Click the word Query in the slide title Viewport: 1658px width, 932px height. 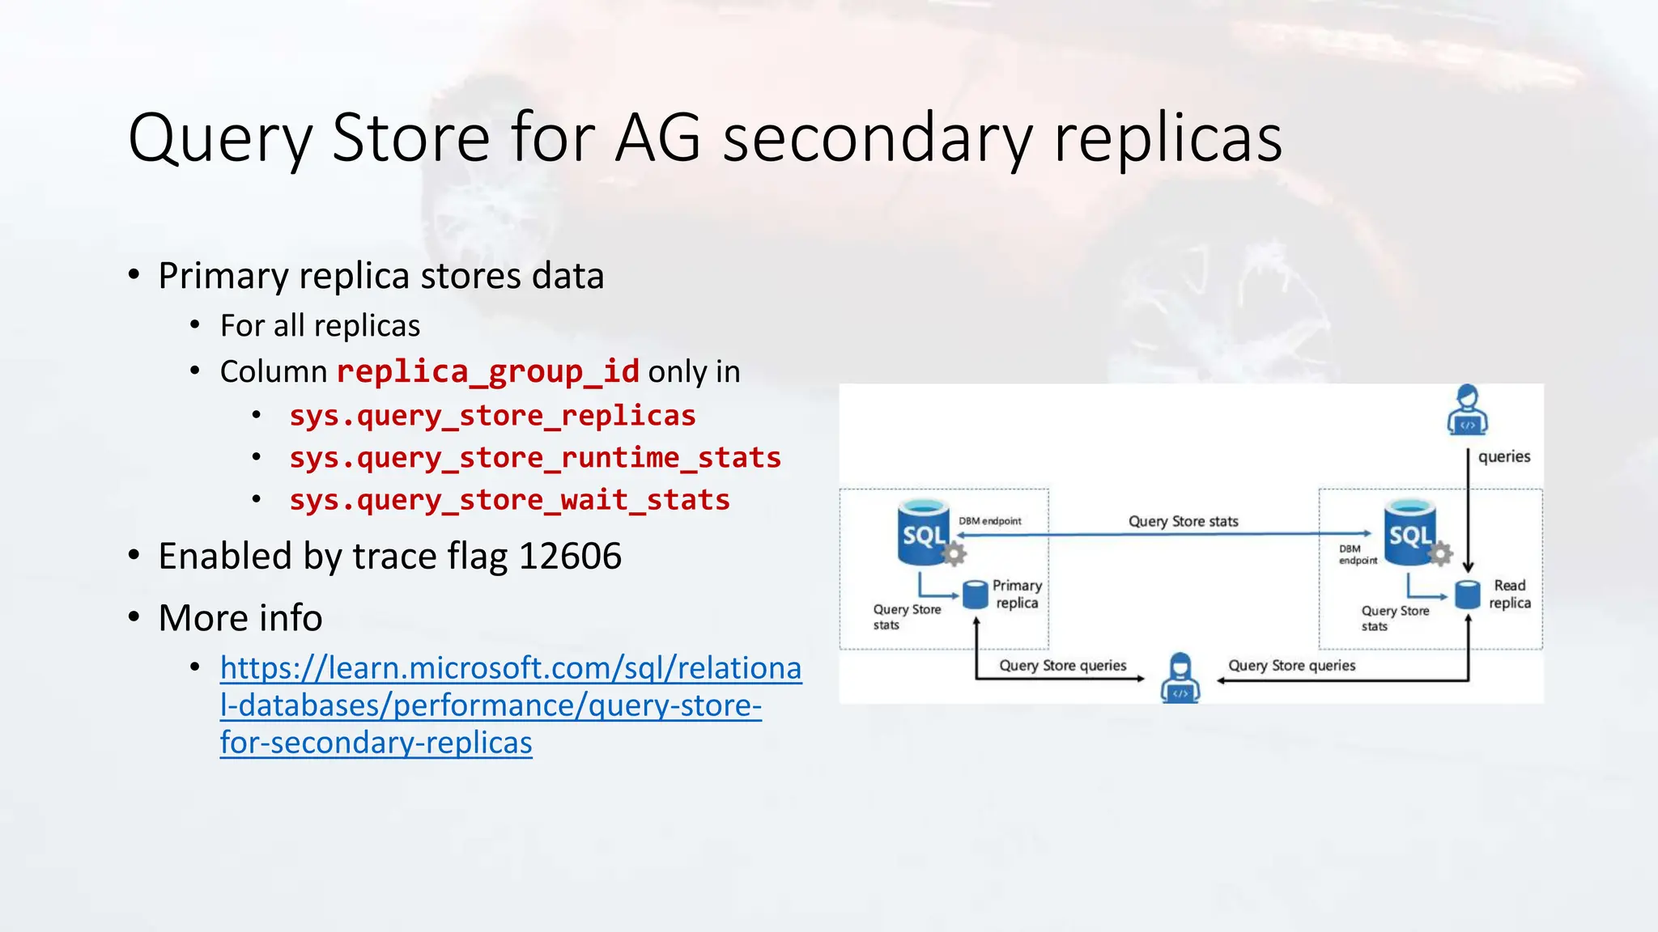219,139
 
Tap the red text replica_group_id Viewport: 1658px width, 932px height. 487,372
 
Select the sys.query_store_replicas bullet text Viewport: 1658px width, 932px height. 492,416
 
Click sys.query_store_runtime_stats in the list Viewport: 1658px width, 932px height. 535,458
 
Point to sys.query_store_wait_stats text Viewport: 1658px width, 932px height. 509,501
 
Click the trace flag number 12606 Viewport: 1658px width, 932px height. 570,557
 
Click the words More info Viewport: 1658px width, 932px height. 240,618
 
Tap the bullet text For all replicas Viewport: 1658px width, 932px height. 320,326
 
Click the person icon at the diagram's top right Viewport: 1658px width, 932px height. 1467,410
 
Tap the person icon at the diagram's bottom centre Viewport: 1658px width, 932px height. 1180,677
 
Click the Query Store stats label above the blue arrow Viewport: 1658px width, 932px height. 1183,522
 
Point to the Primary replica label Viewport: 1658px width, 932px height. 1017,595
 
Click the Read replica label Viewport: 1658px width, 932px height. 1510,595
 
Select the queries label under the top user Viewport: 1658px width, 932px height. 1503,457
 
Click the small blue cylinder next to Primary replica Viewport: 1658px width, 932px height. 976,595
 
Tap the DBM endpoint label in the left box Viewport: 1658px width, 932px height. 989,521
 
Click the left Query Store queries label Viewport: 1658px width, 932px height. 1062,666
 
